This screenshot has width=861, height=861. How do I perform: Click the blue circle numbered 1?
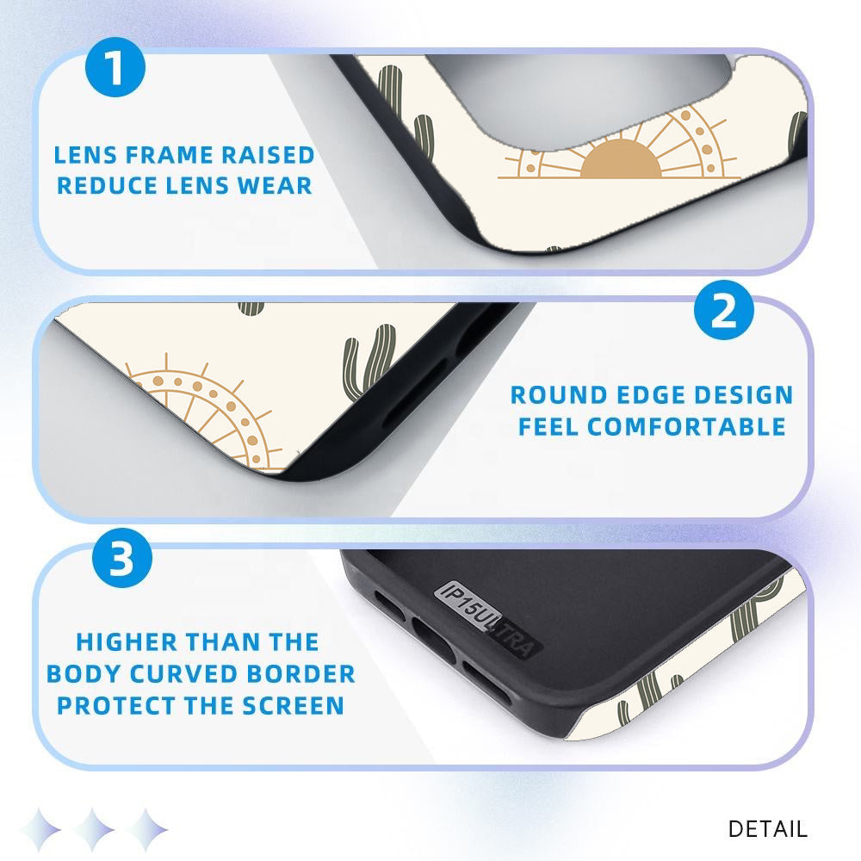coord(115,67)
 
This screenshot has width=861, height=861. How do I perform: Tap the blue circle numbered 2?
coord(724,310)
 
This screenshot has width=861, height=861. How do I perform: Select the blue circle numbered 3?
coord(122,558)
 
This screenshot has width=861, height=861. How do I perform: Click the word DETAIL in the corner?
coord(768,828)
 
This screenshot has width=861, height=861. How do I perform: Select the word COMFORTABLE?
coord(686,427)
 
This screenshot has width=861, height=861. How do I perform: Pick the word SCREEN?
coord(294,706)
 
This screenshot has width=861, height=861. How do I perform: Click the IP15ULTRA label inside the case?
coord(487,619)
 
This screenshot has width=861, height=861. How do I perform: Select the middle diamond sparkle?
coord(95,829)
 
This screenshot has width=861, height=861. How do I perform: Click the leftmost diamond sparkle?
coord(40,829)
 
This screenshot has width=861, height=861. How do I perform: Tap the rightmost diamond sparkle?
coord(146,829)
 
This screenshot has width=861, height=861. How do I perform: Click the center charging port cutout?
coord(434,639)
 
